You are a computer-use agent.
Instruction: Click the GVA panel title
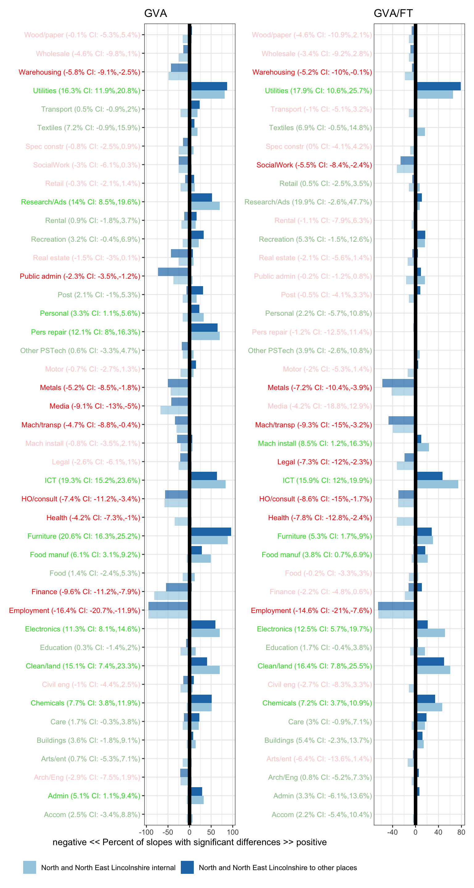click(155, 13)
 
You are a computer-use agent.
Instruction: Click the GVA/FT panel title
click(393, 13)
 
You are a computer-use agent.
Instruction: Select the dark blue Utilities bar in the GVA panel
click(209, 86)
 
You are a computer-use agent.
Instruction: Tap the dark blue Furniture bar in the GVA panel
click(211, 532)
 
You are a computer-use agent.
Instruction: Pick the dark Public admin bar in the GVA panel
click(173, 272)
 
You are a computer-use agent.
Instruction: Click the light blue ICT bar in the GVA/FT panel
click(438, 484)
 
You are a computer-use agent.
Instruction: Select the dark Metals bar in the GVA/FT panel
click(398, 383)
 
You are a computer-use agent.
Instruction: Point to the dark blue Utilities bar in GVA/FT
click(439, 86)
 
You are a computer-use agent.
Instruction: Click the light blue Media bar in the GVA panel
click(174, 410)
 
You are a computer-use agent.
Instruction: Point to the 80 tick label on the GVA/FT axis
click(461, 832)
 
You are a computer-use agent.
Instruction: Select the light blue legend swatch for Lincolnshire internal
click(30, 867)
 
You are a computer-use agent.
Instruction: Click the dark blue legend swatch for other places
click(187, 867)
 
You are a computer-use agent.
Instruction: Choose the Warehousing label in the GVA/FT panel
click(312, 72)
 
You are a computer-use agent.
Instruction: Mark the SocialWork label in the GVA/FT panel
click(314, 165)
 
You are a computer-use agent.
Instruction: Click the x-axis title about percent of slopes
click(189, 842)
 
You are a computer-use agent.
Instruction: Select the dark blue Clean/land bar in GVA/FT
click(430, 661)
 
